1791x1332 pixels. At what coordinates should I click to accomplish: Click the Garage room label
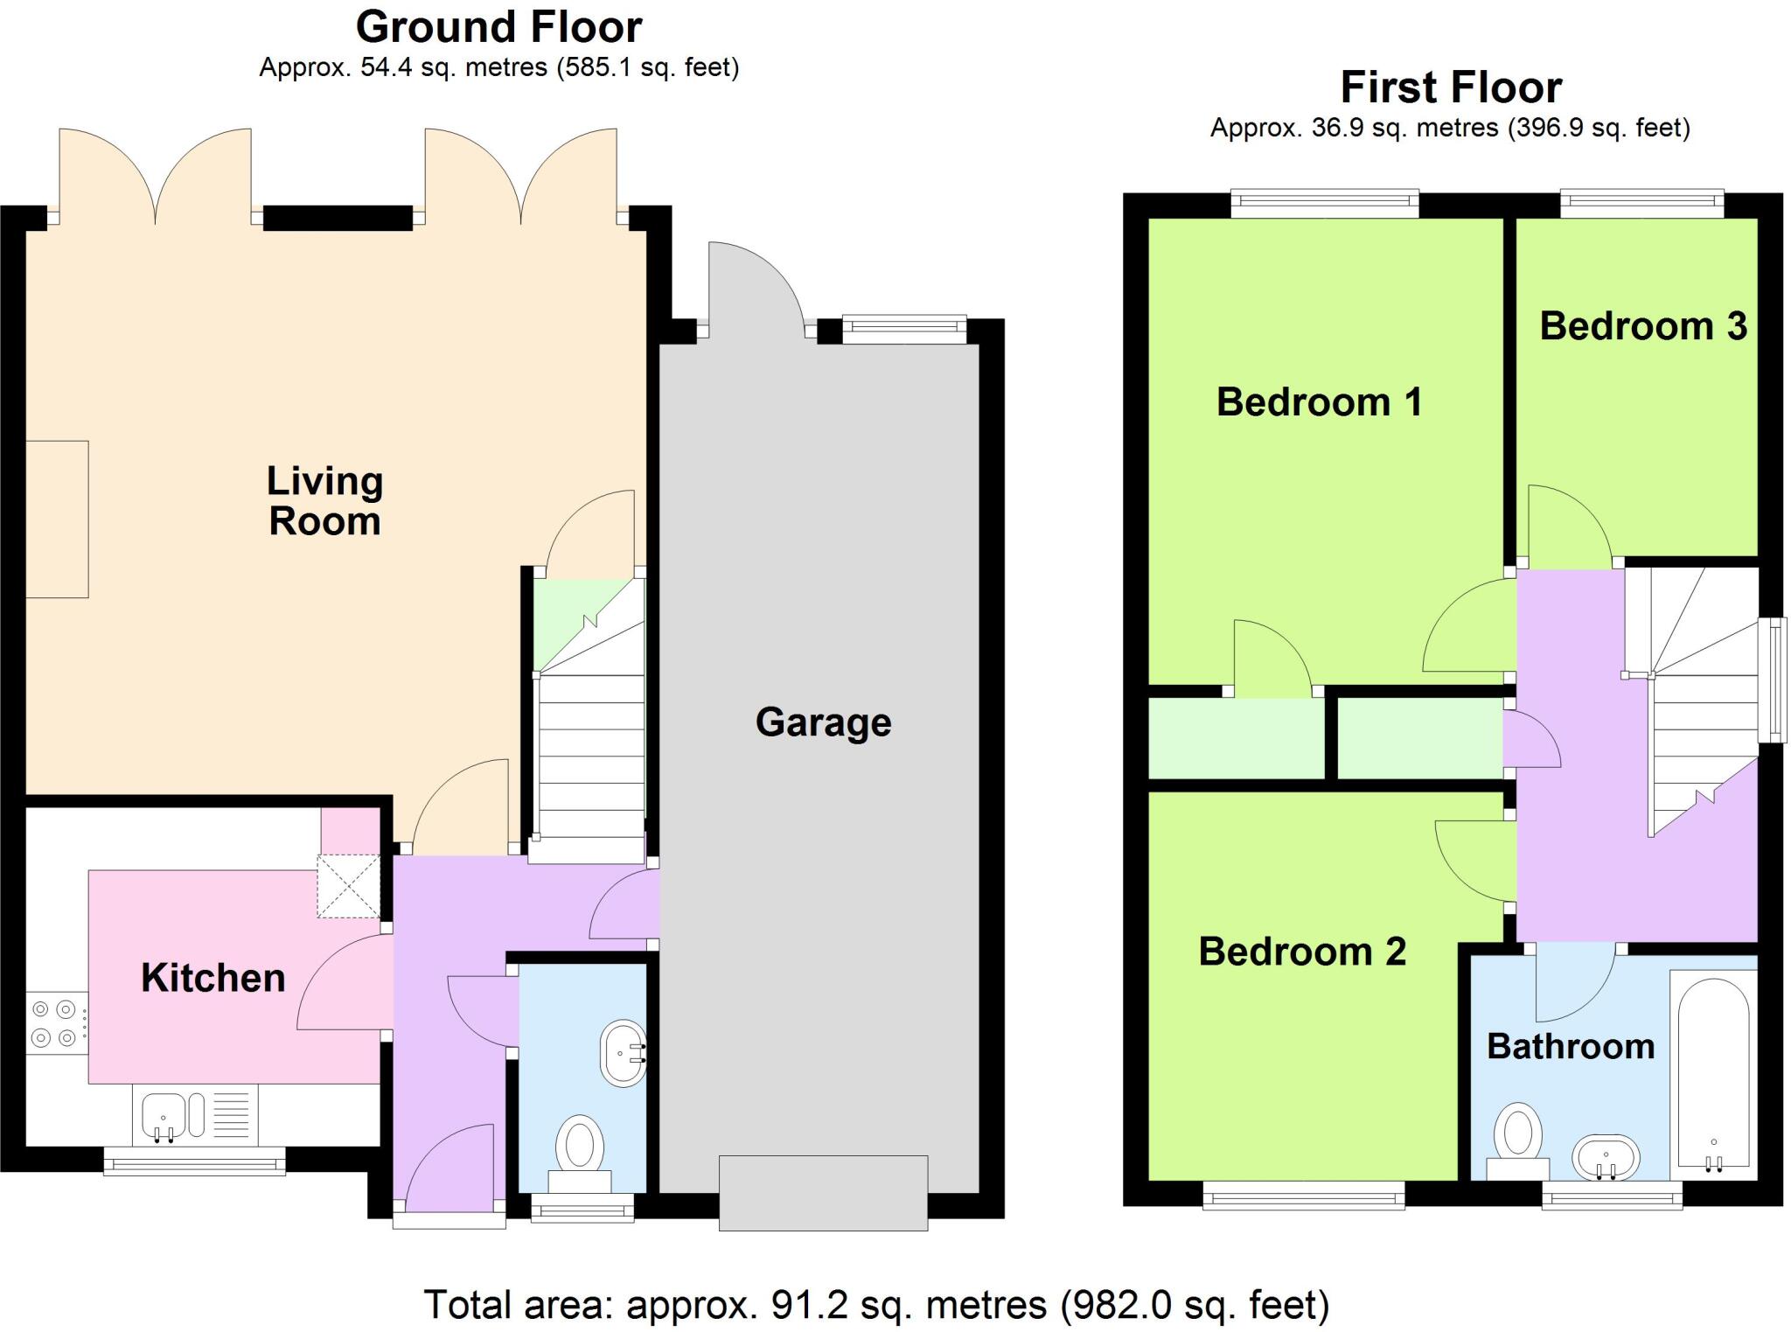point(823,722)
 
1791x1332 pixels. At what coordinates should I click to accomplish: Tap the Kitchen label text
point(213,978)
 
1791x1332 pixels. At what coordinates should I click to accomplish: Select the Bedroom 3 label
point(1642,326)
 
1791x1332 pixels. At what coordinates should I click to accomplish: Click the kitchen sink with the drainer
point(196,1115)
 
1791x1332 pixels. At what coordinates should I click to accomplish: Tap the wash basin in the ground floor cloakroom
point(624,1053)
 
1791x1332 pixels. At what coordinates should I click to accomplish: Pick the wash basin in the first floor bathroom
point(1606,1158)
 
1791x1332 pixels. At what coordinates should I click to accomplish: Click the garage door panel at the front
point(823,1193)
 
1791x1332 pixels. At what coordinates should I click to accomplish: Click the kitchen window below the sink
point(194,1161)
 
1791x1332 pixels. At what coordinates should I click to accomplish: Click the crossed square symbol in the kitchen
point(348,887)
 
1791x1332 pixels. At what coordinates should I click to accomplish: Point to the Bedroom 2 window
point(1303,1195)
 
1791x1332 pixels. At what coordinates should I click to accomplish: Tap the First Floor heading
point(1451,87)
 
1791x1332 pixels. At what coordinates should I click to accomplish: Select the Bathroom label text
point(1571,1046)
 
